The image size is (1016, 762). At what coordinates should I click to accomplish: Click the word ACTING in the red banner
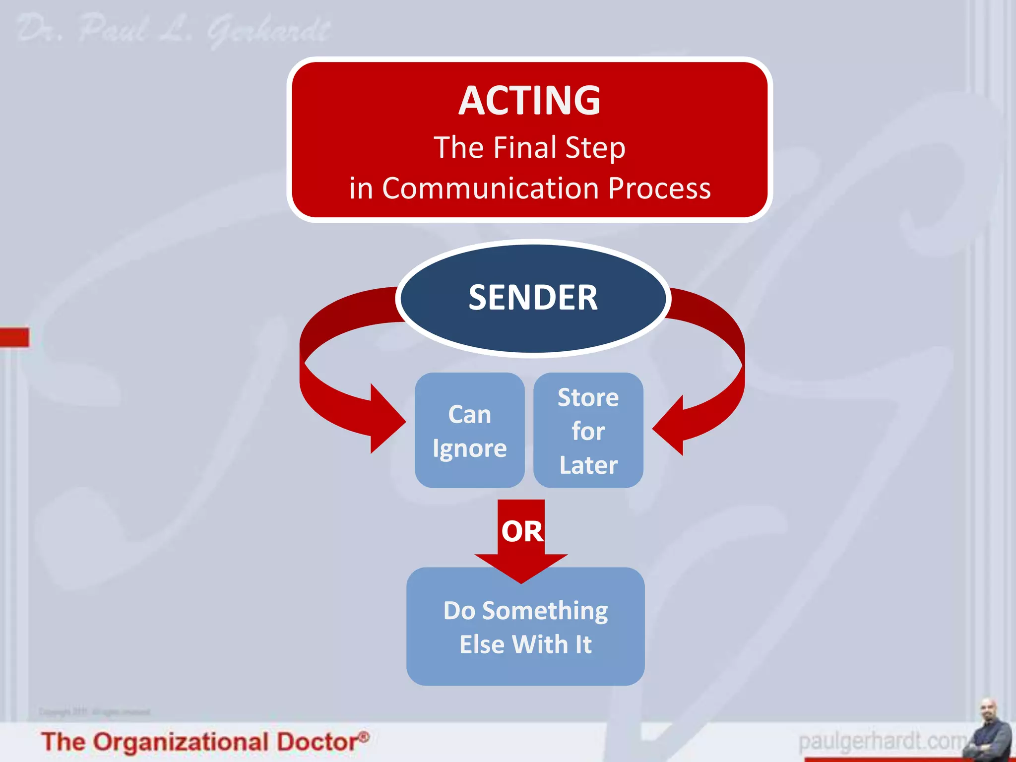(529, 101)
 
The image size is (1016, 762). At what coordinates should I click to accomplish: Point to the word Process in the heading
(659, 189)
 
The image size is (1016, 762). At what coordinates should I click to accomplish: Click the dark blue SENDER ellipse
(533, 298)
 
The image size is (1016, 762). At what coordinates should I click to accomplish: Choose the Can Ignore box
(469, 430)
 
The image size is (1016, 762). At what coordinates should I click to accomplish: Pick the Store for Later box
(588, 430)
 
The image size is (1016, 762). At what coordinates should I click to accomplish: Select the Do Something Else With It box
(525, 627)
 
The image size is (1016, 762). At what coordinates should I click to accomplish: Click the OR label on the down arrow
(522, 531)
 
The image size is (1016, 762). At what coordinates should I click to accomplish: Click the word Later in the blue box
(588, 465)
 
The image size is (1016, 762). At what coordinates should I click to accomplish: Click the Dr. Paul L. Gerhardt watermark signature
(174, 30)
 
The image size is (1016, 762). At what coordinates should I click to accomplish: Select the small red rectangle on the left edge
(14, 337)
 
